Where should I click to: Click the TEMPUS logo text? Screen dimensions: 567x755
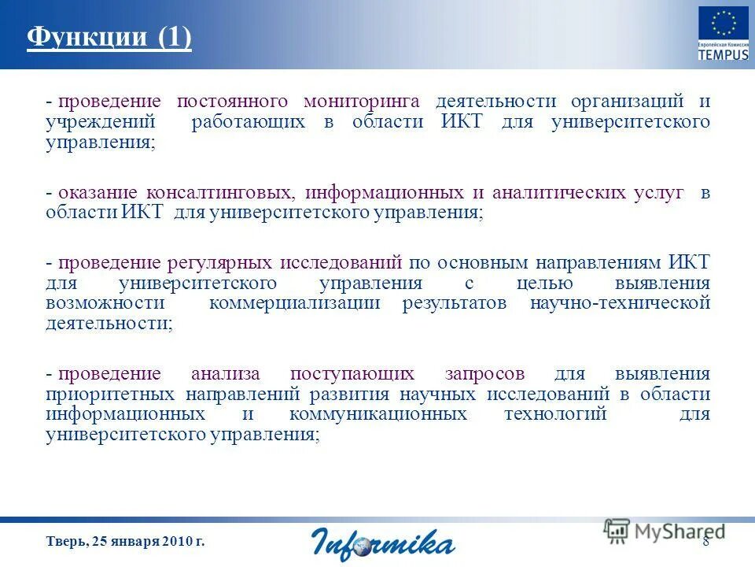pyautogui.click(x=723, y=55)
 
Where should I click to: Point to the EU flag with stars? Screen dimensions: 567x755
pyautogui.click(x=724, y=26)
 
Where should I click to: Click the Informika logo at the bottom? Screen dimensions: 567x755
pyautogui.click(x=383, y=543)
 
